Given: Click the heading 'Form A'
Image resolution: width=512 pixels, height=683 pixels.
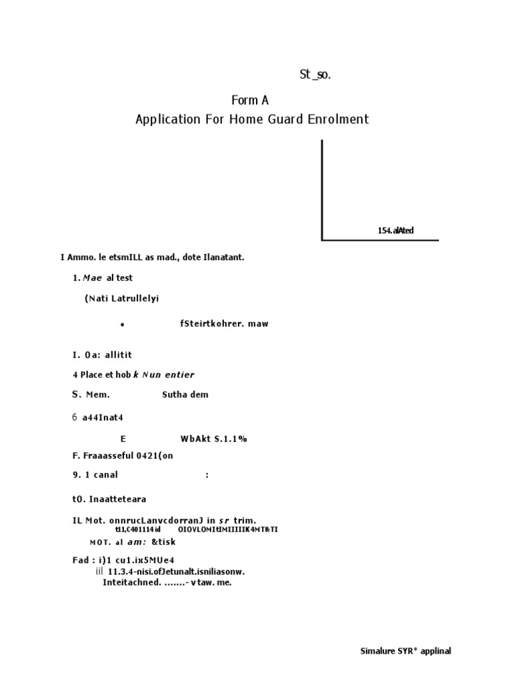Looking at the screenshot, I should (250, 100).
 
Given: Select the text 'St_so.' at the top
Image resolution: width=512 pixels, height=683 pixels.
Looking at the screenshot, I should (315, 75).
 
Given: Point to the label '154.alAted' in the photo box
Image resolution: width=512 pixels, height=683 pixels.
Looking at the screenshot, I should (395, 231).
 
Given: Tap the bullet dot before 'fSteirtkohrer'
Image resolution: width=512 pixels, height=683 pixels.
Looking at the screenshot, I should (123, 325).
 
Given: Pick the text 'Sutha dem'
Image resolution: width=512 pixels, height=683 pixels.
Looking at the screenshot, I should (185, 394).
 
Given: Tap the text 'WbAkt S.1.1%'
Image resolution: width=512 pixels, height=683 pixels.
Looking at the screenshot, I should (213, 438).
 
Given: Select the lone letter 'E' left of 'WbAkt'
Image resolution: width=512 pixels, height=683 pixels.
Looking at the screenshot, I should (123, 438).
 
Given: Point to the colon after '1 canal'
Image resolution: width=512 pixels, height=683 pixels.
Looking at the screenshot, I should (208, 475).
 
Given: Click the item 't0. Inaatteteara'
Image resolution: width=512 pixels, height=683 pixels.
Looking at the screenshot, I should (109, 499).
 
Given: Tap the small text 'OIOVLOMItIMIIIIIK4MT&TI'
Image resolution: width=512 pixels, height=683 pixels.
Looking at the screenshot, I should (228, 530).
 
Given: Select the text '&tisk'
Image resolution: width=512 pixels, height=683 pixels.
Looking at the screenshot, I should (163, 542).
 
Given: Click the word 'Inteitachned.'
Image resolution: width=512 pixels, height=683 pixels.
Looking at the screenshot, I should (131, 582).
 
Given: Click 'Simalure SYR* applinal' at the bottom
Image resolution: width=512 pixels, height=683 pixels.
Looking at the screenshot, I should (405, 651).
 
